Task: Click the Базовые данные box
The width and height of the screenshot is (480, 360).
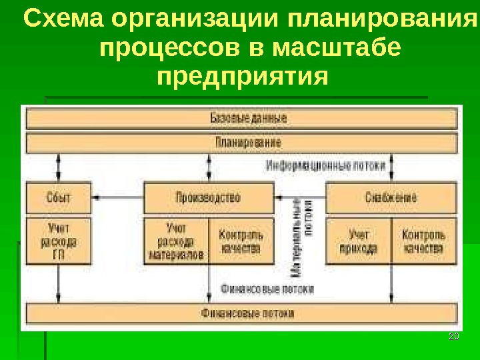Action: [x=241, y=119]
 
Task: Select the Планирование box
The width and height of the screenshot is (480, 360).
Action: [x=241, y=143]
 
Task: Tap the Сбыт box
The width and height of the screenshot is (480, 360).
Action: [x=59, y=197]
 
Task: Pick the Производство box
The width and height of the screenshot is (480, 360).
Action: [x=209, y=197]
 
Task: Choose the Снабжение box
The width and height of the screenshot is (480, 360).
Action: [x=391, y=197]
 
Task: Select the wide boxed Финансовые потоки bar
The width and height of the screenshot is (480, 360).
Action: [x=241, y=313]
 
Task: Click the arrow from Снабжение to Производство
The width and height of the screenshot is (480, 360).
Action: [x=300, y=197]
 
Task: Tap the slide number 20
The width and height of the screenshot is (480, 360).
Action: [x=453, y=336]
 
